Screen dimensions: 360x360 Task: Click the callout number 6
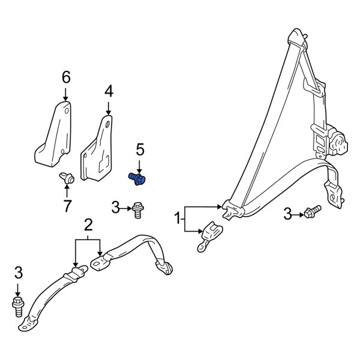click(65, 77)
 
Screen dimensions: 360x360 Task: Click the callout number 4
click(108, 91)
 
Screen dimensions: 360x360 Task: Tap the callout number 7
click(67, 205)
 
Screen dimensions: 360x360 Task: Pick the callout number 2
click(88, 226)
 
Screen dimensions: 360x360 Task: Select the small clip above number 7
click(67, 177)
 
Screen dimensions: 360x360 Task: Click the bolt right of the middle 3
click(139, 208)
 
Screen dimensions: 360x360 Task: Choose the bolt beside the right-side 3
click(311, 212)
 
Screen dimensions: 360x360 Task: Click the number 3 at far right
click(287, 213)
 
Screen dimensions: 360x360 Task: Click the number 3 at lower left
click(18, 272)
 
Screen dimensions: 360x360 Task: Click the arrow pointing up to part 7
click(67, 191)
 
